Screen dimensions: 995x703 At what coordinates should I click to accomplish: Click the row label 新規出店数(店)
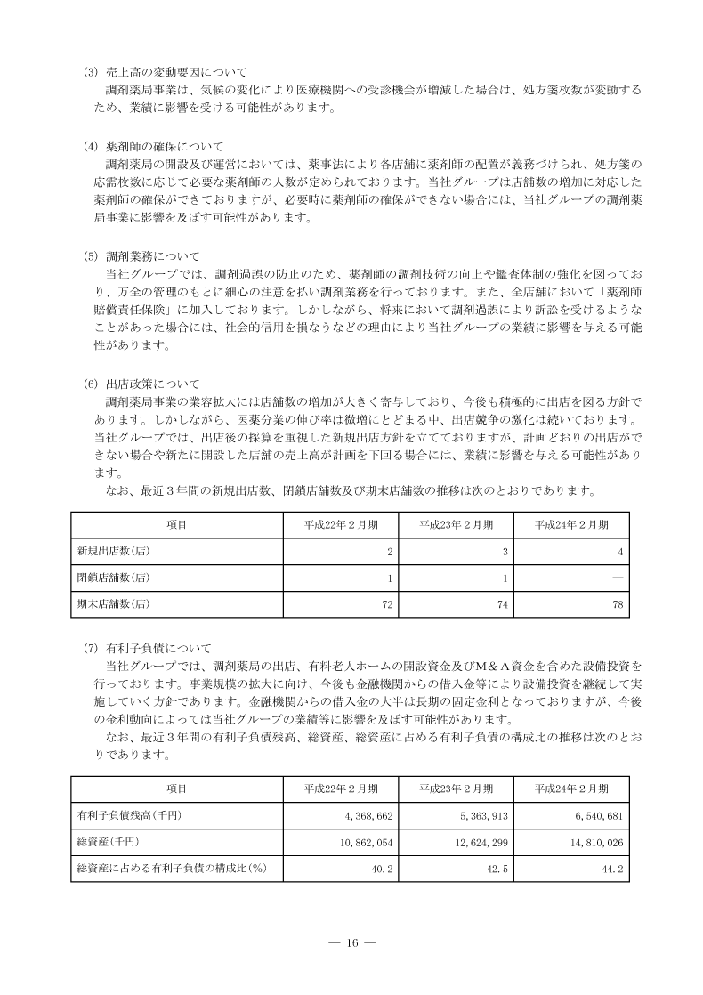[x=114, y=552]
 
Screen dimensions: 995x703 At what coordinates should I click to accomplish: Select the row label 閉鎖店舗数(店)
[x=114, y=578]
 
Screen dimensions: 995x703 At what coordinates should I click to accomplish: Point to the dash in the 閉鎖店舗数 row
[x=617, y=578]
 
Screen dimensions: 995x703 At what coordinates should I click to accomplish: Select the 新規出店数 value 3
[x=505, y=552]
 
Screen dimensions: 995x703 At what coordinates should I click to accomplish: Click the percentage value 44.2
[x=611, y=868]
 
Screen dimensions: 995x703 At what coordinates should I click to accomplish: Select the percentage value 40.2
[x=382, y=868]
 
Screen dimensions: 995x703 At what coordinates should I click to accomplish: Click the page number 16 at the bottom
[x=351, y=943]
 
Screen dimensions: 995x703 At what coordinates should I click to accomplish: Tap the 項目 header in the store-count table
[x=176, y=525]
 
